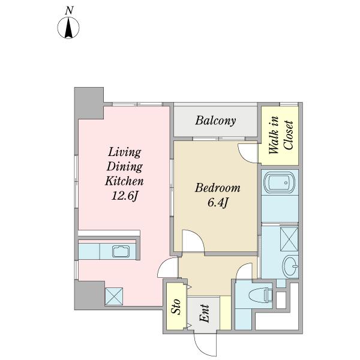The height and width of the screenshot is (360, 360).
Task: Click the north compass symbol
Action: (68, 28)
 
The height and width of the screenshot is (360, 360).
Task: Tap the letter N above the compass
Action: (69, 11)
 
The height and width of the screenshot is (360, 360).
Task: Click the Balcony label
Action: (215, 121)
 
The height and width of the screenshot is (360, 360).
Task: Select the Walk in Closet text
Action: (281, 136)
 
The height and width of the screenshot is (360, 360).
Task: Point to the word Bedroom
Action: (218, 188)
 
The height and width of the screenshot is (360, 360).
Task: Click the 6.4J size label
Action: (218, 203)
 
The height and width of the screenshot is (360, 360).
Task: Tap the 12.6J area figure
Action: (125, 196)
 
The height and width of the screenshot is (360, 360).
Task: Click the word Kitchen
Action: (124, 181)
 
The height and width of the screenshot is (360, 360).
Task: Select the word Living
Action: (125, 152)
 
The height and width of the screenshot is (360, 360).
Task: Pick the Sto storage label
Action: (176, 306)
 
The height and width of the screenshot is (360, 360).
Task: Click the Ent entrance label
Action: (204, 313)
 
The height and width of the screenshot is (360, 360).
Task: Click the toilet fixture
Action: (261, 295)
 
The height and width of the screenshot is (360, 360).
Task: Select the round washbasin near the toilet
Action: (290, 266)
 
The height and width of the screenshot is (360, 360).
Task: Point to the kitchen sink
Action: (121, 251)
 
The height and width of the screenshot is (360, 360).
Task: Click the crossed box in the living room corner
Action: (114, 296)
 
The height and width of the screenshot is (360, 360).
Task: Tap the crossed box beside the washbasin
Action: (289, 239)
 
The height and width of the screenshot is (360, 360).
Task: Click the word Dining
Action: (125, 167)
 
